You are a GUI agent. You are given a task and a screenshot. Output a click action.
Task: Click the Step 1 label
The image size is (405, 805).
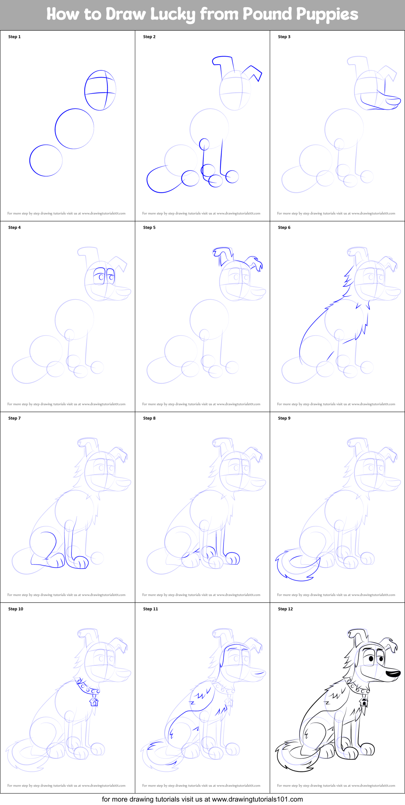pos(15,37)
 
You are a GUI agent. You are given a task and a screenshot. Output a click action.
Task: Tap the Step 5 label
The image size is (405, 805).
pos(149,227)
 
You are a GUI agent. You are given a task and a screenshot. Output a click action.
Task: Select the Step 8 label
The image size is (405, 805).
pos(149,418)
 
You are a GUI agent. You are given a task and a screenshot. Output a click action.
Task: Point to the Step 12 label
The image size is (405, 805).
pos(285,609)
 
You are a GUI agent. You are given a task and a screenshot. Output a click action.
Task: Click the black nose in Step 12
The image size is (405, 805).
pos(393,674)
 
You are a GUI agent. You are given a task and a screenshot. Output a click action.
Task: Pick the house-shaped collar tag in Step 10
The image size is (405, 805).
pos(94,702)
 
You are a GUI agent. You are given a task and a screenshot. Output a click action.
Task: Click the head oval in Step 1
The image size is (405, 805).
pos(100,91)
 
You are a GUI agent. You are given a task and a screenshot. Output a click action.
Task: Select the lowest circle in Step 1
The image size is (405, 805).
pos(46,161)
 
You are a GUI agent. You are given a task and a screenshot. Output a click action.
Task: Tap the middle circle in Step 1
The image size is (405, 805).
pos(74,129)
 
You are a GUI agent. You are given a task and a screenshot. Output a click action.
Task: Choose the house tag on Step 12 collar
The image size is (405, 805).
pos(364,702)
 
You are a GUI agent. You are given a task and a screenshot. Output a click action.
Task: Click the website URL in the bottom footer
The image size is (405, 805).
pos(257,799)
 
